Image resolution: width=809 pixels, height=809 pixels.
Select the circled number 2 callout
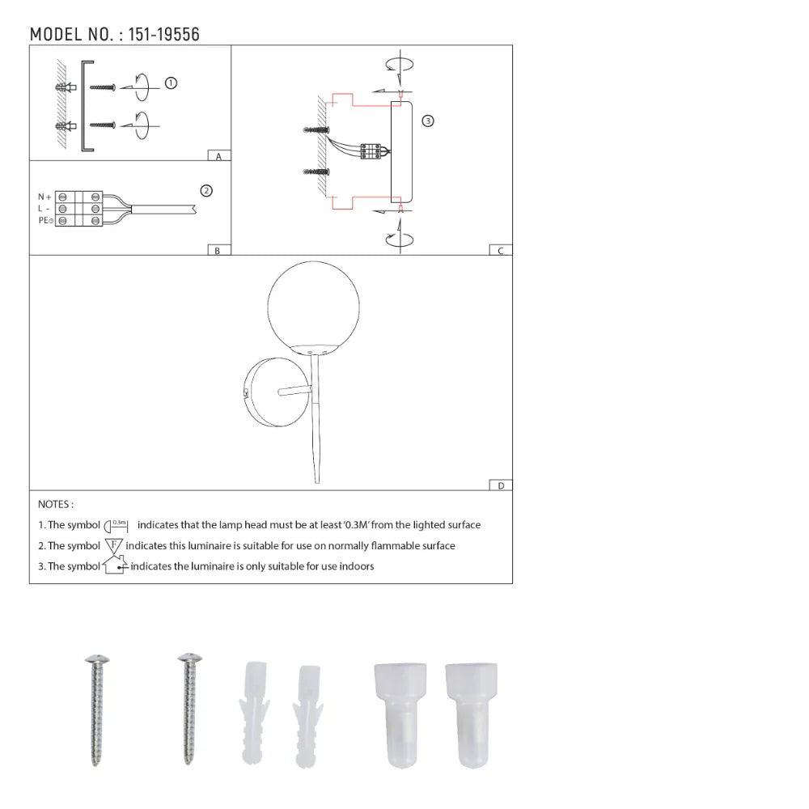[x=206, y=191]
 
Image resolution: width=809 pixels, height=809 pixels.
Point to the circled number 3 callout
[x=428, y=121]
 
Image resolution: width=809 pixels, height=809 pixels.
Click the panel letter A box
[x=218, y=156]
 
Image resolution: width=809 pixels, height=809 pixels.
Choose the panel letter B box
[x=217, y=251]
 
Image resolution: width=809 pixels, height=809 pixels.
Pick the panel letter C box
[x=501, y=251]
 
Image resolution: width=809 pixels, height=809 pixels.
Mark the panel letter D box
[x=501, y=485]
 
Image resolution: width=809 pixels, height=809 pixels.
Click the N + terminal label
[x=44, y=197]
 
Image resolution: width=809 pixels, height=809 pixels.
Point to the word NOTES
[x=56, y=504]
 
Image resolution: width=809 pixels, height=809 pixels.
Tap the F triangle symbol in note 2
[x=113, y=545]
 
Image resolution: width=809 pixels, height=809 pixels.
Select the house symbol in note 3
[x=114, y=565]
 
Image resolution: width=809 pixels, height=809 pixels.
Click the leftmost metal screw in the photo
[x=96, y=708]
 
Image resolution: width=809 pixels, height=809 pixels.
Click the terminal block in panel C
[x=371, y=151]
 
